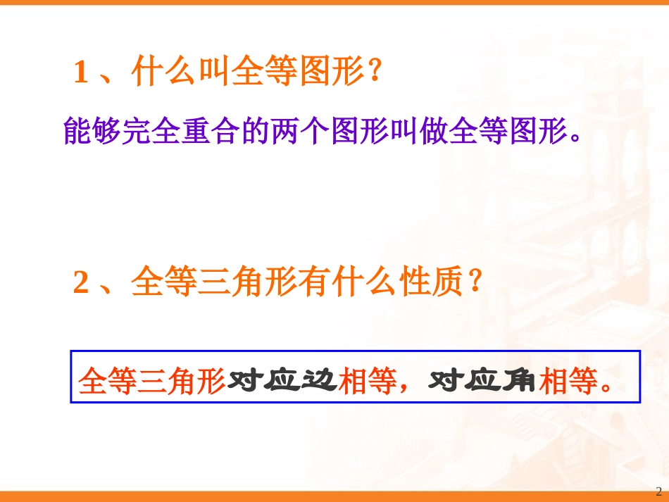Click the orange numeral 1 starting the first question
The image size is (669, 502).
tap(81, 73)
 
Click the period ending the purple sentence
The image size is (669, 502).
tap(576, 138)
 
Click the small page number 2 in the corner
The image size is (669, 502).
tap(658, 491)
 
